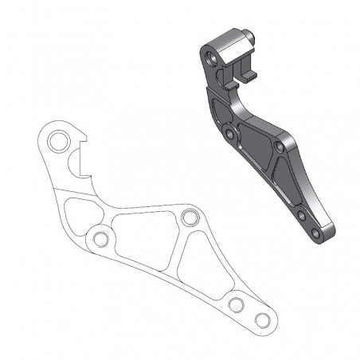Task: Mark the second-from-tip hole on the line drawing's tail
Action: coord(235,305)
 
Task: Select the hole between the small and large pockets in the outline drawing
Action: coord(100,239)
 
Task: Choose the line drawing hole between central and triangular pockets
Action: coord(189,217)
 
